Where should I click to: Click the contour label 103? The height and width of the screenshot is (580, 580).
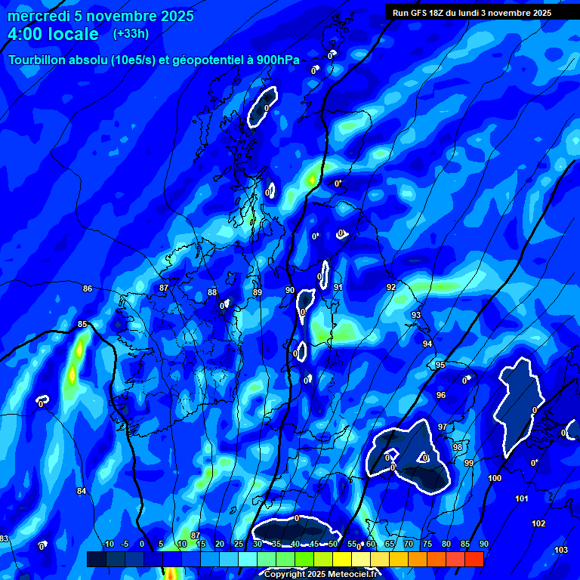(x=560, y=550)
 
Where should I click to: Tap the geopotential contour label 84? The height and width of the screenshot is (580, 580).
(x=82, y=492)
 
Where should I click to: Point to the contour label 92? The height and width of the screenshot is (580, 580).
(x=390, y=288)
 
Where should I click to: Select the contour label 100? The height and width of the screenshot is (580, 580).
(x=495, y=479)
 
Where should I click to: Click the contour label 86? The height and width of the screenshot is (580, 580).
(x=88, y=289)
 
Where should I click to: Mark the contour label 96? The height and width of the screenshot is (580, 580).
(x=441, y=395)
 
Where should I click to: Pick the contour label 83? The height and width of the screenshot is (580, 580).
(x=4, y=538)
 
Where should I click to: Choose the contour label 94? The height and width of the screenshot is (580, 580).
(x=427, y=344)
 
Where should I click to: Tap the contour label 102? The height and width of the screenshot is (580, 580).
(x=538, y=523)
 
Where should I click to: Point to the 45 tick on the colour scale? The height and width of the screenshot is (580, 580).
(x=313, y=545)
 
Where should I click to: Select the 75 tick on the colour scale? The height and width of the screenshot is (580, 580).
(x=427, y=545)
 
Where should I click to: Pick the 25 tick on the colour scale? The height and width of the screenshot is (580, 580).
(x=238, y=545)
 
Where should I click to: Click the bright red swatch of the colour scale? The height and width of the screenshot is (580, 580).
(x=474, y=559)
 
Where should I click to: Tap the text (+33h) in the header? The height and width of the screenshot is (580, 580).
(x=131, y=34)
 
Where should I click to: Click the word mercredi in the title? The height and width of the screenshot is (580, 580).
(x=37, y=16)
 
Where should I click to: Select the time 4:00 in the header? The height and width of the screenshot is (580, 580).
(x=26, y=34)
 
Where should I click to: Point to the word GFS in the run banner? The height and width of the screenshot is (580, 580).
(x=421, y=12)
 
